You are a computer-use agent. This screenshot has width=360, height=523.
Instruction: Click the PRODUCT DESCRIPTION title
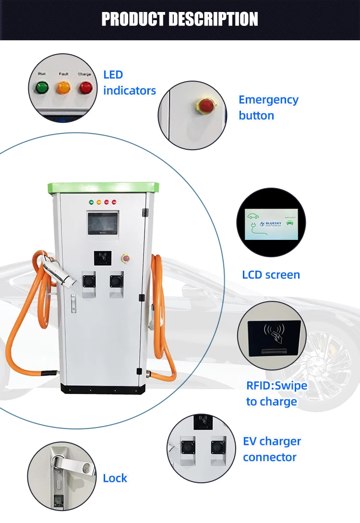click(180, 19)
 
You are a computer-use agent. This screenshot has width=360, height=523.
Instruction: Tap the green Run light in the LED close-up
click(42, 87)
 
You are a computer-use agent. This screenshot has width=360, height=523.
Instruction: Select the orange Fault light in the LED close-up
click(63, 87)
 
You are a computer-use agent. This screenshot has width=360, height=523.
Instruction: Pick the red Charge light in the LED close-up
click(86, 87)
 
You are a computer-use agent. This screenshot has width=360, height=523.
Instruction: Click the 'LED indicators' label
click(130, 83)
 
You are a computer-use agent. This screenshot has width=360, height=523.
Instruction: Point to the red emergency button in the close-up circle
click(206, 105)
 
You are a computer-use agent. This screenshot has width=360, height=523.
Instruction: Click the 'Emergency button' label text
click(268, 107)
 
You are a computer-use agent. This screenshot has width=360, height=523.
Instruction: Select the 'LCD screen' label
click(271, 275)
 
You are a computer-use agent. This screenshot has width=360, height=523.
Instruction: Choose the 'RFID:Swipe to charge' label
click(276, 393)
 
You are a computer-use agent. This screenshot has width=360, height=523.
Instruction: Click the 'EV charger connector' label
click(272, 449)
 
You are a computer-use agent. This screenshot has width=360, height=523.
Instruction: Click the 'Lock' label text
click(115, 478)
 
